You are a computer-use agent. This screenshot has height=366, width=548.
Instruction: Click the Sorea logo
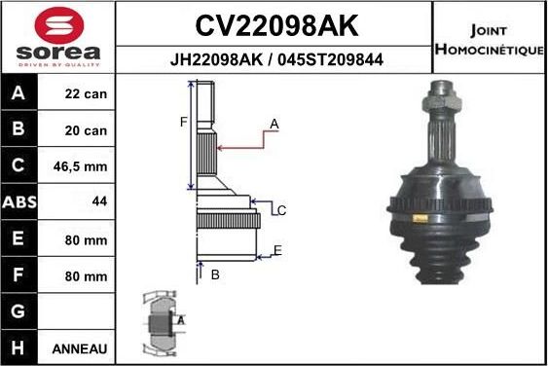tap(57, 37)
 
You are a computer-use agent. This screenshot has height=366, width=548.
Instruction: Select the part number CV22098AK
tap(274, 22)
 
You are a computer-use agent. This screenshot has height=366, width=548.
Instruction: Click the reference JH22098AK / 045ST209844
tap(274, 59)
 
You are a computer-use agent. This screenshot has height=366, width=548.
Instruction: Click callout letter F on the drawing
tap(181, 122)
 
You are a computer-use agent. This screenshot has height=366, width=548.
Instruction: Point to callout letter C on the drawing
tap(281, 210)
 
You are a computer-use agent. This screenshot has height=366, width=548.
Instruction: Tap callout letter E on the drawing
tap(277, 251)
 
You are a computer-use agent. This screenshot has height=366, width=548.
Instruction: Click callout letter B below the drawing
tap(215, 275)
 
